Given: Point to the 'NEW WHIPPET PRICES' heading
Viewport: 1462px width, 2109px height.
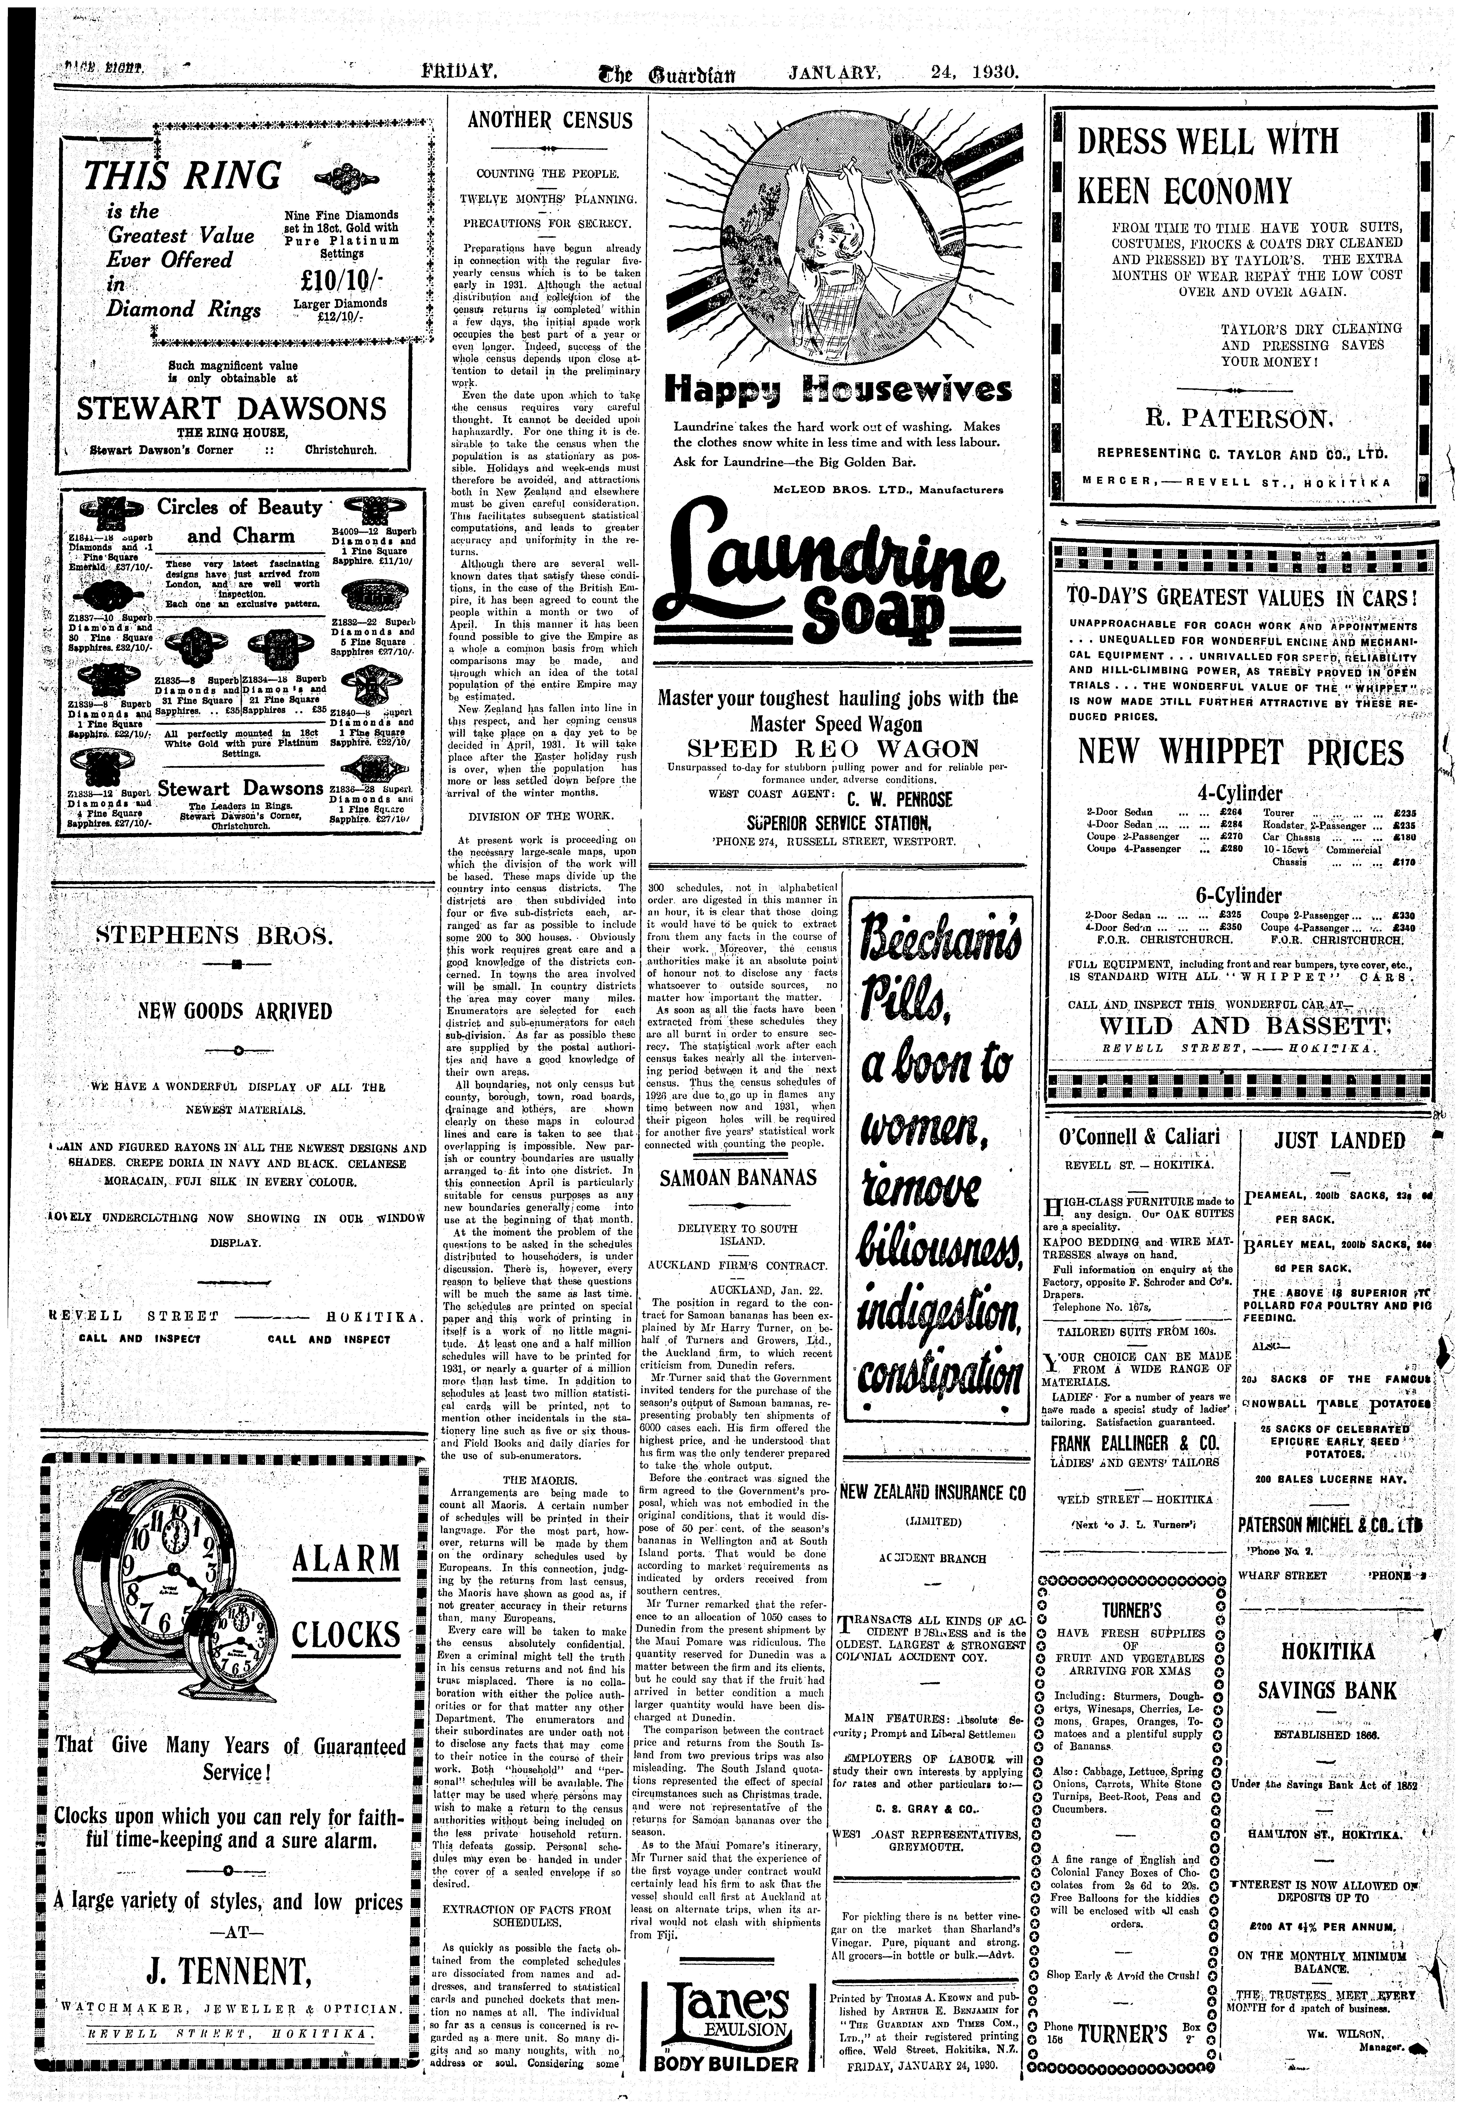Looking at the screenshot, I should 1240,752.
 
